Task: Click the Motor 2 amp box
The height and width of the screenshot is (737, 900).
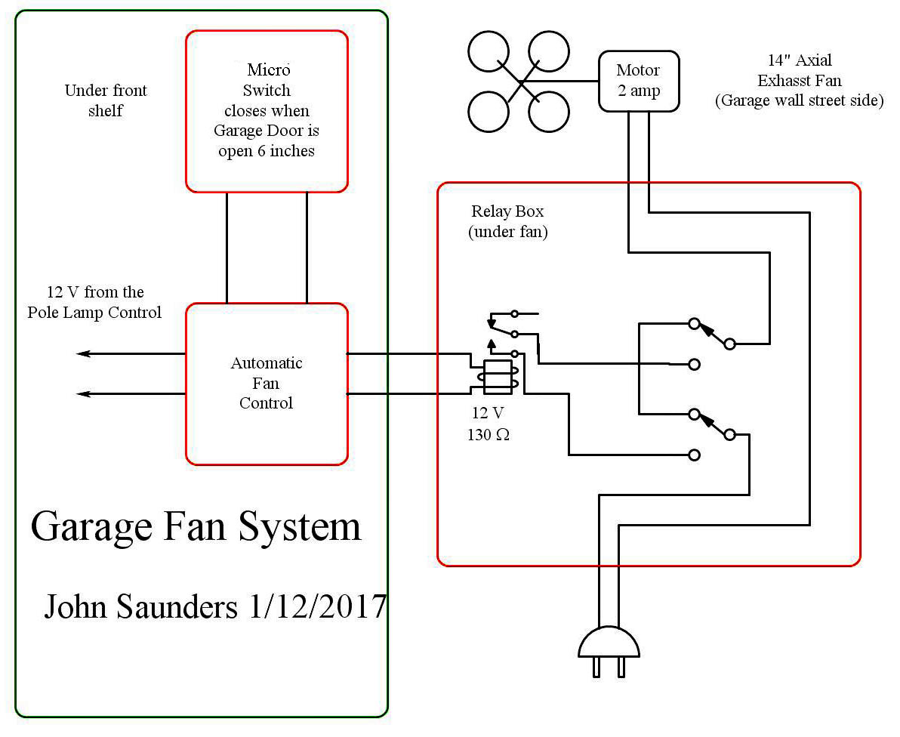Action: (638, 80)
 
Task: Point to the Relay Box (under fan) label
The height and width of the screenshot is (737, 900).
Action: (507, 221)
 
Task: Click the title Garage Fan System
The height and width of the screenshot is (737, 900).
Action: (196, 526)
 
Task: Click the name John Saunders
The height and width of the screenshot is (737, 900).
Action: (140, 606)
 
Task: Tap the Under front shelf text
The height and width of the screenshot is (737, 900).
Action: (105, 100)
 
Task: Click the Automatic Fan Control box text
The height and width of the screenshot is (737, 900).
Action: (267, 383)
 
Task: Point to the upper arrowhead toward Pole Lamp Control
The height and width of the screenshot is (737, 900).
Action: (82, 353)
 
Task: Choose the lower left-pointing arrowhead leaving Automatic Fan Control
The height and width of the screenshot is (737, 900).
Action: (82, 393)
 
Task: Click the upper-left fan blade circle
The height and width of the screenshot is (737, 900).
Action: (490, 52)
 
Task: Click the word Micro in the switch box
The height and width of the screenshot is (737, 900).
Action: (268, 70)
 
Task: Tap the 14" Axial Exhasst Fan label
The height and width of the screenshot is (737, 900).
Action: (799, 70)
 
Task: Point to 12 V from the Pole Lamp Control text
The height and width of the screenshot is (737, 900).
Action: (94, 302)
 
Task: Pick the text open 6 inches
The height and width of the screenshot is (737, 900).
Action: (266, 151)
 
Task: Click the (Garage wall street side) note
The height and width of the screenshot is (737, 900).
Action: (799, 100)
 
